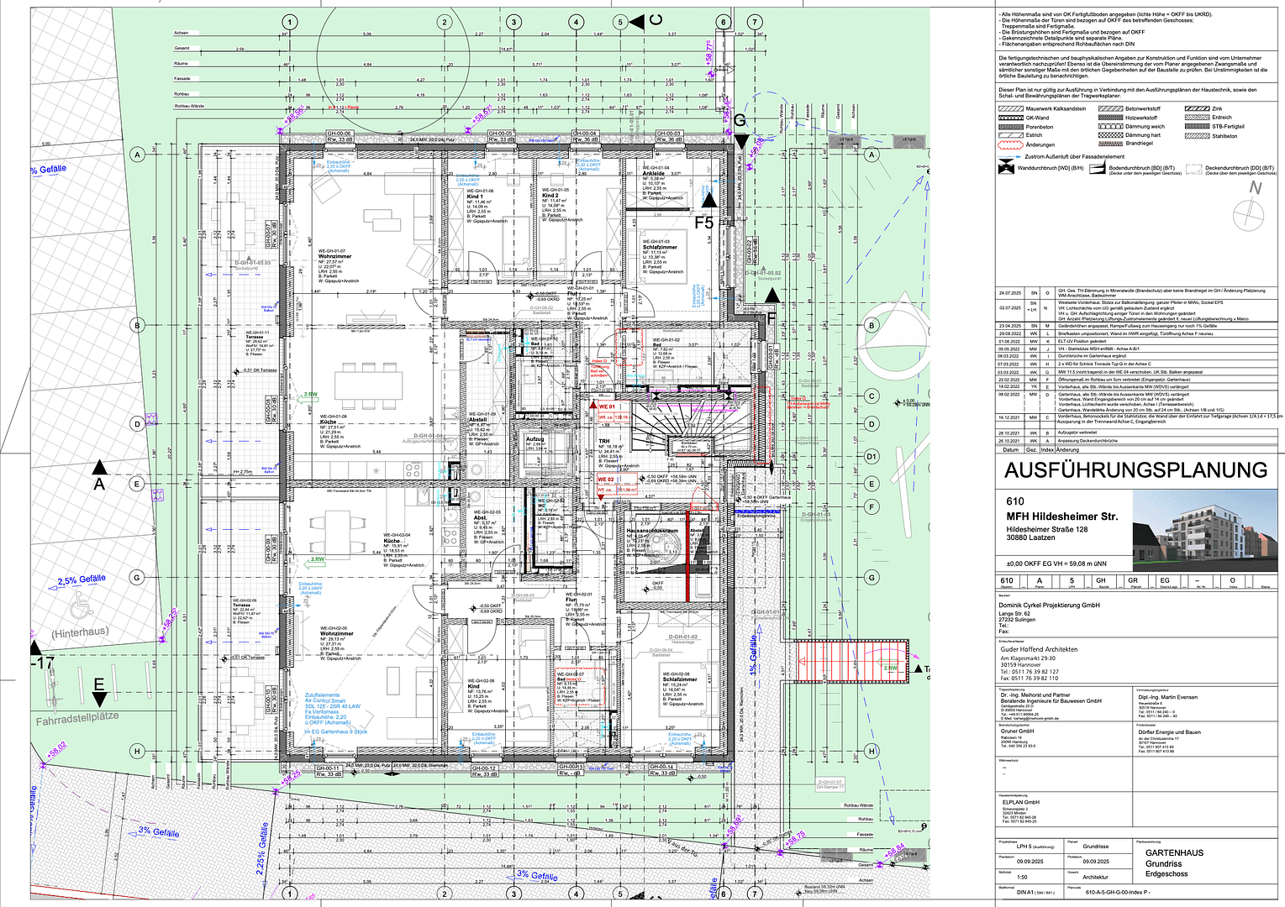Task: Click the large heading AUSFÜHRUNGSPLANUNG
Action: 1135,470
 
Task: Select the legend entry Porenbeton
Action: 1039,127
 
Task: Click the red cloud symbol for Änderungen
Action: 1010,144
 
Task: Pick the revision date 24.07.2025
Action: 1009,293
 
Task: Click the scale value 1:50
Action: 1022,877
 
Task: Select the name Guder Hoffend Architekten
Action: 1039,649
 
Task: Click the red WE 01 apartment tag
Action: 606,406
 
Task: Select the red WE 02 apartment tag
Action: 605,480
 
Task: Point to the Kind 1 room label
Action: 475,197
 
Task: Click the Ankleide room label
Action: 654,174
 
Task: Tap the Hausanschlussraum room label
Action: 651,531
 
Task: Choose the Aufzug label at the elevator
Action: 535,439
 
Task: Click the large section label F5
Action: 703,223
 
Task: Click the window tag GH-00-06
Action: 339,134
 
